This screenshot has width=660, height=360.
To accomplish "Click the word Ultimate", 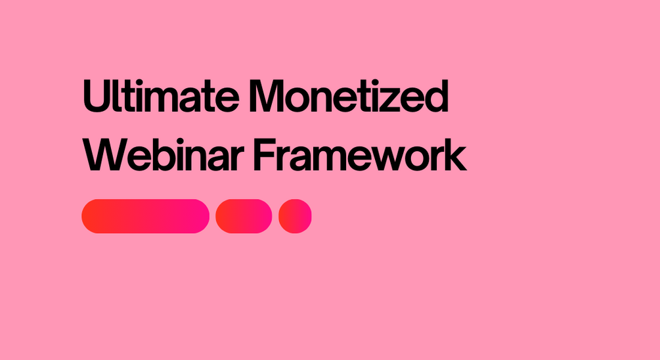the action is (x=161, y=96).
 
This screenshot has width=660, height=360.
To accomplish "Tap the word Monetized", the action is (x=349, y=96).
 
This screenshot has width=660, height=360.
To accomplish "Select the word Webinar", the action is (x=164, y=154).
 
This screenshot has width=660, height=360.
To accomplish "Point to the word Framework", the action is (x=360, y=154).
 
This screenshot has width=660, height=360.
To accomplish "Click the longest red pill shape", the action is (x=145, y=216).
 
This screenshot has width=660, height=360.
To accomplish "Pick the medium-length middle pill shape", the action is (x=244, y=216).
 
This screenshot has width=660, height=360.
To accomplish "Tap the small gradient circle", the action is (x=295, y=216).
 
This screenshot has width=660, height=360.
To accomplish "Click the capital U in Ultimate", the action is (x=97, y=97).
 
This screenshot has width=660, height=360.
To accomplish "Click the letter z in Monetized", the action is (x=388, y=101).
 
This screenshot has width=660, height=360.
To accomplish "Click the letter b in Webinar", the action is (x=162, y=155).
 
